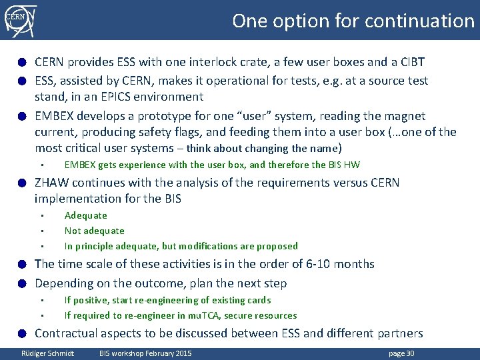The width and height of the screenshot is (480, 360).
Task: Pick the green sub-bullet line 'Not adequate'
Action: pos(94,231)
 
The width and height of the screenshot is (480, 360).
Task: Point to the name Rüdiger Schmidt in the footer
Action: pos(48,353)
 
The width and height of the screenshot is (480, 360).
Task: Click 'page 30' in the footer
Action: pos(401,353)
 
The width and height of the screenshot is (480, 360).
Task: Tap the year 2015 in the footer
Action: pos(181,353)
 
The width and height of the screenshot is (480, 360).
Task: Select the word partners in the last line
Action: pos(400,333)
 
